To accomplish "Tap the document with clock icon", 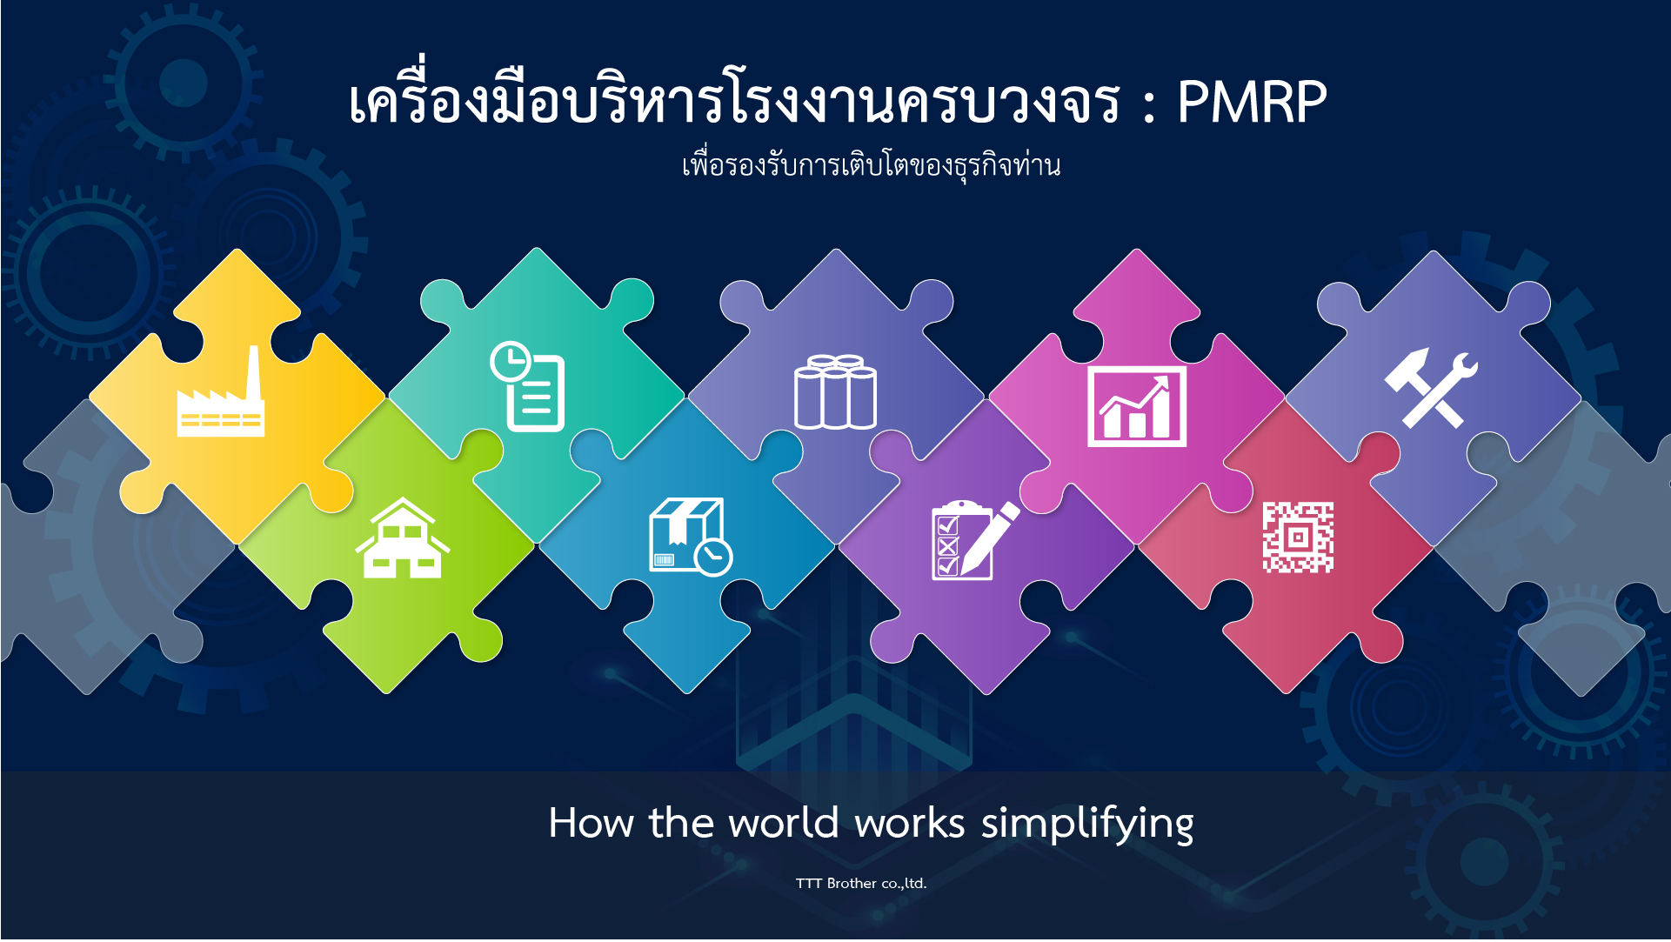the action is [528, 386].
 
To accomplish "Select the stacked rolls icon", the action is [835, 391].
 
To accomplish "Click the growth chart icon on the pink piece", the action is [1137, 406].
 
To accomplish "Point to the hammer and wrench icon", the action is [1431, 388].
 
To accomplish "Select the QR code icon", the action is [1298, 537].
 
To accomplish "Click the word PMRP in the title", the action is [1252, 103].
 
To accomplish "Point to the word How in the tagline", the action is [591, 823].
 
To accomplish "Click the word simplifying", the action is [1087, 824].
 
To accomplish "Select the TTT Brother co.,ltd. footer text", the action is [861, 884].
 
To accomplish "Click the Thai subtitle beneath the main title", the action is [871, 164].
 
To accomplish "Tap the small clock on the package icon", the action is [713, 557].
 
